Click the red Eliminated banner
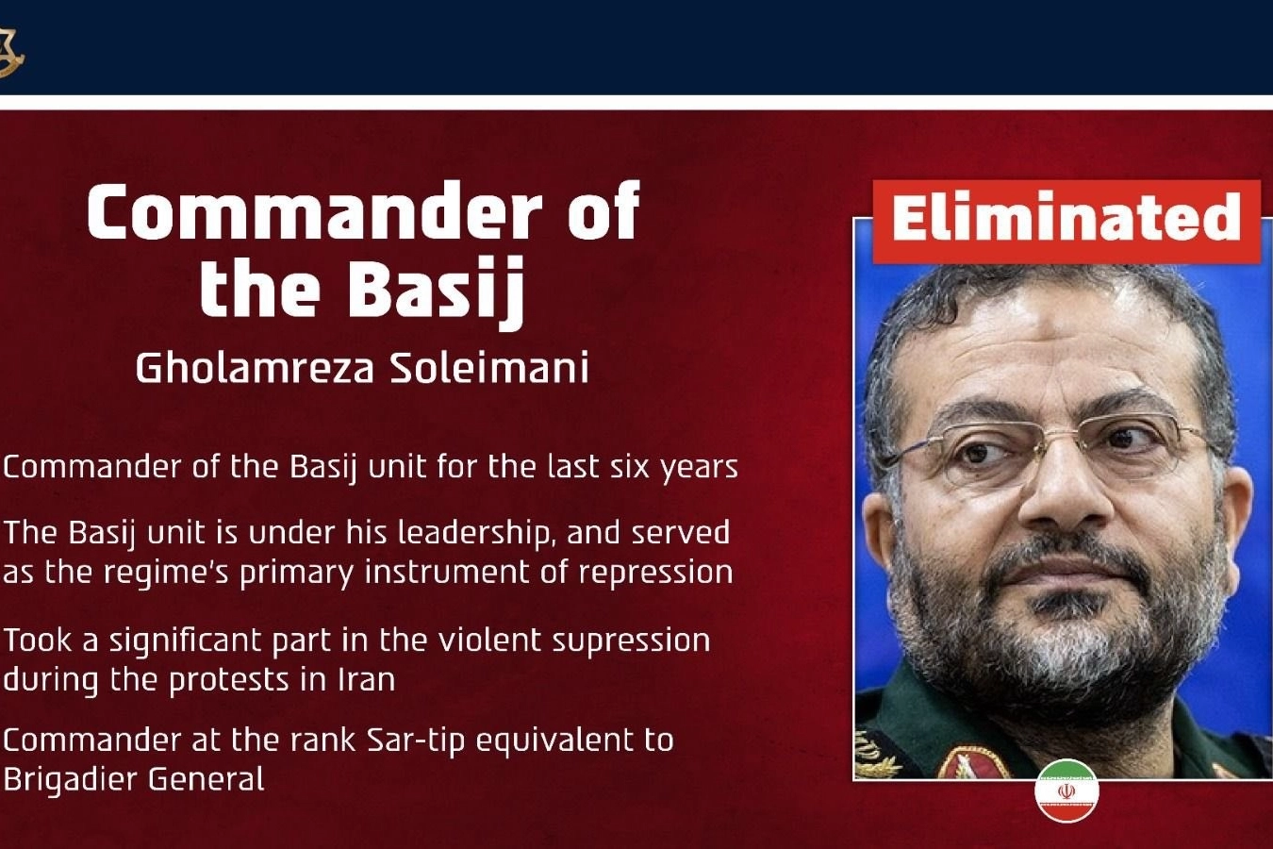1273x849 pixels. [1066, 223]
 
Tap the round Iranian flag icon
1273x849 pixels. [1066, 791]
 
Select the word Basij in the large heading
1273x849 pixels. [436, 291]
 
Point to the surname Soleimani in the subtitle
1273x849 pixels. [489, 368]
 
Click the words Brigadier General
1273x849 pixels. [134, 779]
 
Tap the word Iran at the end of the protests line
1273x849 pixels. [367, 679]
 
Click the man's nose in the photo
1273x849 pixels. [1062, 500]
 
